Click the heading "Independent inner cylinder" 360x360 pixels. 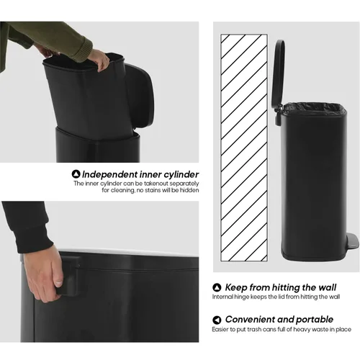[140, 174]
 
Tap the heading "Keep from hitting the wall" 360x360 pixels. [281, 287]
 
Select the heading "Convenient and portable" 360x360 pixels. [279, 320]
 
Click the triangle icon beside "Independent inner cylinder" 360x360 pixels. [76, 174]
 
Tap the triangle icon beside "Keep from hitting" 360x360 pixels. [217, 287]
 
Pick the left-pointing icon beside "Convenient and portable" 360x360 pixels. [217, 320]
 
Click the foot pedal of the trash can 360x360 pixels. [352, 244]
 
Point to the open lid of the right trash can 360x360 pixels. [279, 73]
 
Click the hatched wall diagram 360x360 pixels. [244, 148]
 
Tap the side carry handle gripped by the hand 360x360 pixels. [68, 275]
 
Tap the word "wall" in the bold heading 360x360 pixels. [328, 287]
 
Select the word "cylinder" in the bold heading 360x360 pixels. [181, 175]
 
